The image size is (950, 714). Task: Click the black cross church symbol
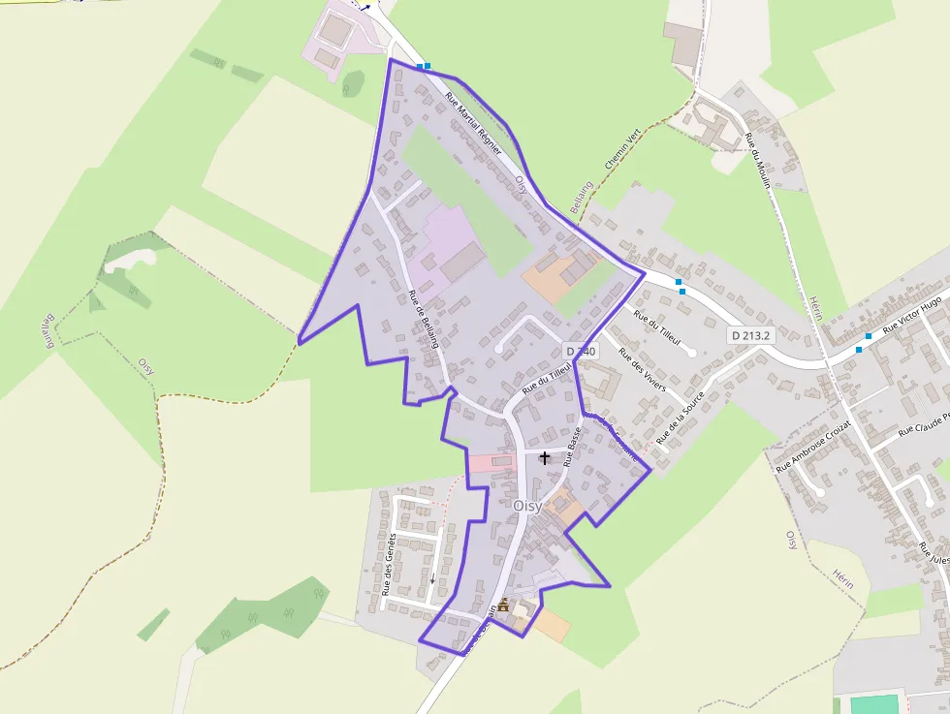545,457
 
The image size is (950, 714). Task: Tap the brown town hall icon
503,605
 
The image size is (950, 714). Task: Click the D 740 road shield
579,351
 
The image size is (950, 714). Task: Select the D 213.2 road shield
752,335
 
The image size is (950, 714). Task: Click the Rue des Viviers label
642,372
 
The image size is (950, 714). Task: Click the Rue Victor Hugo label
912,310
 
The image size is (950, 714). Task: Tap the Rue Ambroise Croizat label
813,447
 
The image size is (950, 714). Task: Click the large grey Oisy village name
526,506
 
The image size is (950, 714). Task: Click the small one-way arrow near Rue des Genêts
432,578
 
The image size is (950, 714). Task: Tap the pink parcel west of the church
490,462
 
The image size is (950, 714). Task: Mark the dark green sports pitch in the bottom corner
875,703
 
